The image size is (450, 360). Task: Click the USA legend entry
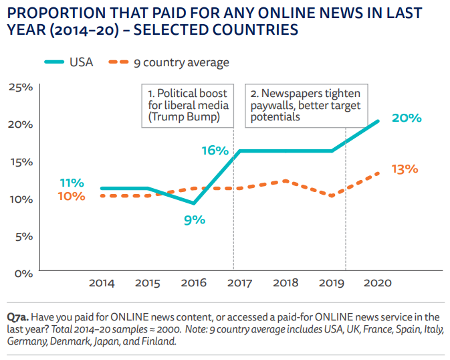[x=68, y=62]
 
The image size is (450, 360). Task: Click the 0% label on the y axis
[x=24, y=273]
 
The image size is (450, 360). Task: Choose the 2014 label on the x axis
[x=102, y=283]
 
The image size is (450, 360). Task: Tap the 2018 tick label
[x=286, y=283]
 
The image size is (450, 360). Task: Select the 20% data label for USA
[x=407, y=118]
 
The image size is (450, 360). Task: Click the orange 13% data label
[x=405, y=169]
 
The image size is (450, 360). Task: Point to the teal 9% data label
[x=194, y=219]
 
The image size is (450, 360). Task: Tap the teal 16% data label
[x=215, y=150]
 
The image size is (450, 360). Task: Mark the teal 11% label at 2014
[x=72, y=183]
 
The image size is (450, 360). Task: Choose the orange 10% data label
[x=72, y=196]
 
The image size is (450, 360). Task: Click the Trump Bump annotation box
[x=187, y=105]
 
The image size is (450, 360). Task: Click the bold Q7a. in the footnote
[x=17, y=317]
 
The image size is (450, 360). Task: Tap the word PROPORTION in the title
[x=49, y=13]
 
